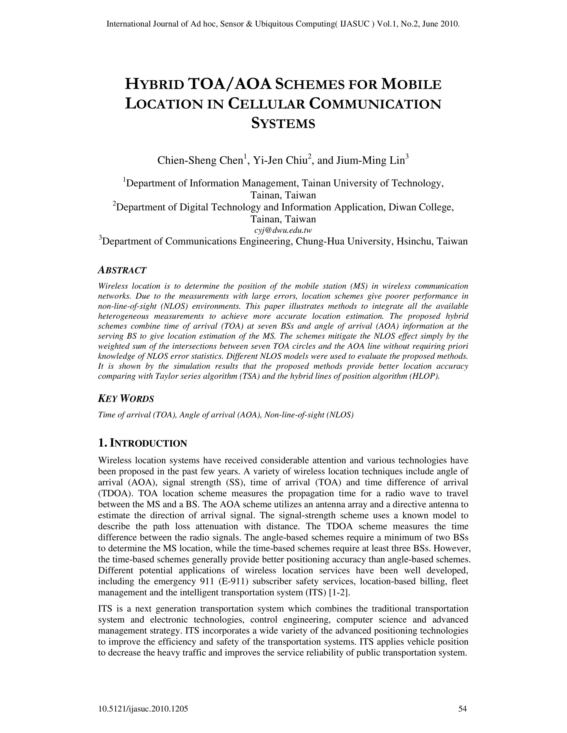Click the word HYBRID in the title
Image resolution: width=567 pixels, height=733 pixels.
tap(154, 84)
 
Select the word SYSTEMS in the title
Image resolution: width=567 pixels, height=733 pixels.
tap(283, 124)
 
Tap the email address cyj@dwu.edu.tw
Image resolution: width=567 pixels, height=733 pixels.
tap(283, 230)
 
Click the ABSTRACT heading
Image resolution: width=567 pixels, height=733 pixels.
tap(122, 270)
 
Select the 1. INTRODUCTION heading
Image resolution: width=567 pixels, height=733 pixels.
tap(142, 443)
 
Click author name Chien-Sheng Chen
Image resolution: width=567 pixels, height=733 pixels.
tap(200, 160)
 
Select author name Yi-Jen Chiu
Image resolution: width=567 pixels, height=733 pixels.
tap(280, 160)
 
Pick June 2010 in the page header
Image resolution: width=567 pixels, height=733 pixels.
tap(442, 24)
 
